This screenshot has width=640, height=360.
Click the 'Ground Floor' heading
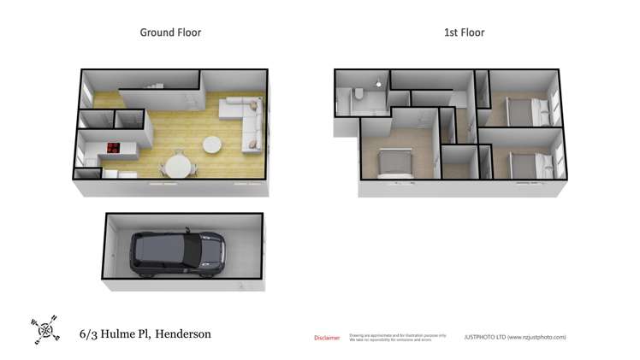tap(170, 32)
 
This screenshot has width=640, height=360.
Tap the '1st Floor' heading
tap(464, 32)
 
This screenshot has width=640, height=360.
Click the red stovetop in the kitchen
tap(113, 148)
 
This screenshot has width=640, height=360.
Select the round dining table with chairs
tap(178, 163)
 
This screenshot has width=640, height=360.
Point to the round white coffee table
tap(211, 145)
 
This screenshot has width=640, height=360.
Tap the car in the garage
tap(177, 254)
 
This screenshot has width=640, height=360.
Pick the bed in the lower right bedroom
tap(523, 163)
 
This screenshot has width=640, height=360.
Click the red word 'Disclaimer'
tap(327, 338)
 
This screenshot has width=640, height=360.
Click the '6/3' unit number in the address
tap(87, 333)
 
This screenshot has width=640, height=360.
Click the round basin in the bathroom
tap(378, 85)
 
